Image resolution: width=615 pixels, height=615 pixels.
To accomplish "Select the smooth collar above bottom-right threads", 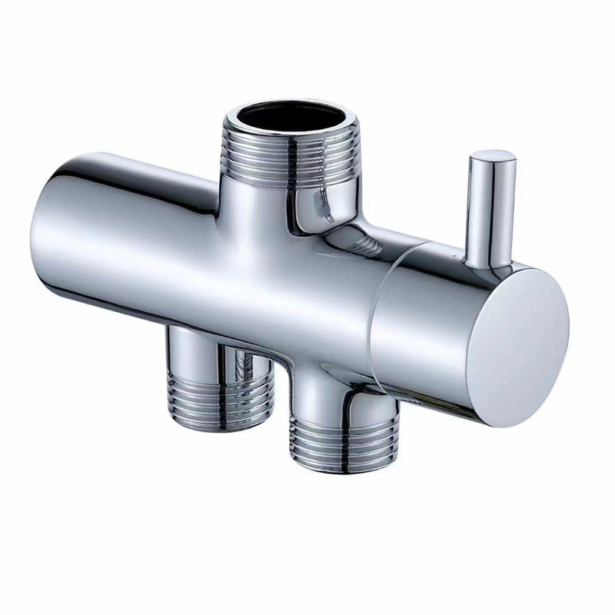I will coord(323,400).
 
